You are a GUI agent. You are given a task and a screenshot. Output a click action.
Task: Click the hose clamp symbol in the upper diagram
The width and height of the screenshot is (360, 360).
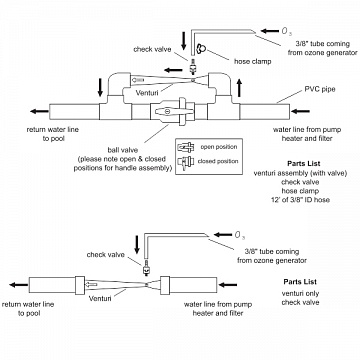pos(201,49)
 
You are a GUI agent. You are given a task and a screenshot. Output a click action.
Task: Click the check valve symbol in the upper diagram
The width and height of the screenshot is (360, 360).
pos(192,67)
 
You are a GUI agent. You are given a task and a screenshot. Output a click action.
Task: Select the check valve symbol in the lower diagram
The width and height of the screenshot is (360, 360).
pos(145,268)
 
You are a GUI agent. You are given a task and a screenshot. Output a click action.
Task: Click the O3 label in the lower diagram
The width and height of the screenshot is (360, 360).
pos(240,236)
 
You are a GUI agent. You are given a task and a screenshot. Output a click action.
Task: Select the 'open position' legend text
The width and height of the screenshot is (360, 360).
pos(218,147)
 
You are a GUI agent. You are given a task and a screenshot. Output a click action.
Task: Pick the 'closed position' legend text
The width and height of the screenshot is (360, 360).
pos(218,162)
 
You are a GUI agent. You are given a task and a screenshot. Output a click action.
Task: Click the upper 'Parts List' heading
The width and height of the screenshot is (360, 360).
pos(303,164)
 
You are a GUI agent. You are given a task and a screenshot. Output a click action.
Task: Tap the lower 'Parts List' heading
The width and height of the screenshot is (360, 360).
pos(300,282)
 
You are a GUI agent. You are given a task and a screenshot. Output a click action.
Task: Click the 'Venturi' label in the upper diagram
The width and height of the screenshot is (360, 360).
pos(147,93)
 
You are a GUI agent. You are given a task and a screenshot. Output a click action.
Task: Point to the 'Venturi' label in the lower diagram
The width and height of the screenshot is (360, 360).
pos(100,298)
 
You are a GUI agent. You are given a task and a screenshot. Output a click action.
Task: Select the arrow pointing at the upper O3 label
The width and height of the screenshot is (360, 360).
pos(270,31)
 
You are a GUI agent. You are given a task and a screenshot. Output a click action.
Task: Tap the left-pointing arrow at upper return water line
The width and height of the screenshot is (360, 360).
pos(39,111)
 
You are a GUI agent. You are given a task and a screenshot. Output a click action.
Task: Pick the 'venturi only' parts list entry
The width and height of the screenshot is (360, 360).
pos(300,294)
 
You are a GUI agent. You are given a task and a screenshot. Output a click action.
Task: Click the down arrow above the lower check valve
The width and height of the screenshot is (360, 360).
pos(137,244)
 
